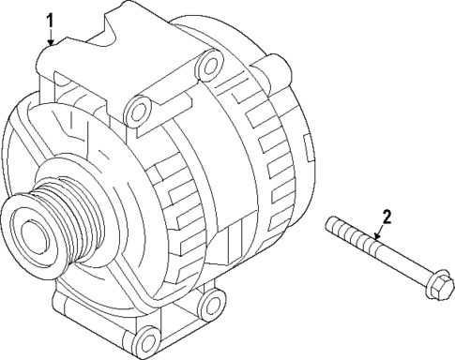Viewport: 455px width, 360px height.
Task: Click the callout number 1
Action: (52, 18)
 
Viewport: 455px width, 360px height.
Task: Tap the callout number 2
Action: (386, 217)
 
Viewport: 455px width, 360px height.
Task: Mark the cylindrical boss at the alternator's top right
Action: (278, 67)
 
